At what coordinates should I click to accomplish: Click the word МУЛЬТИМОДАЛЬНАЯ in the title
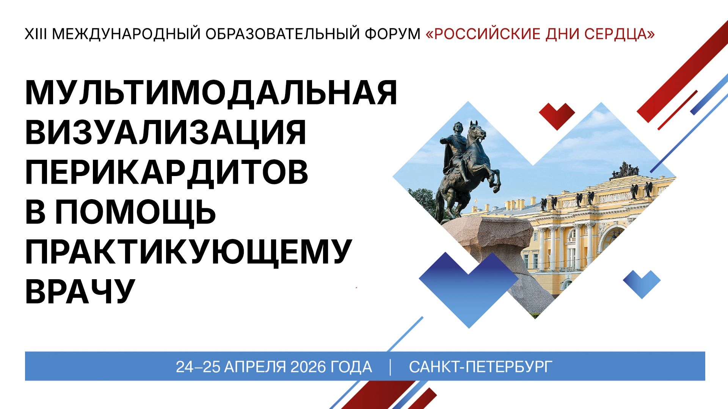211,93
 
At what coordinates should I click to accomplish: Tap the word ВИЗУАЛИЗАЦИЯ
165,132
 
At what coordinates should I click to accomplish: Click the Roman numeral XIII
36,34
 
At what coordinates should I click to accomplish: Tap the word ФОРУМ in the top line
392,34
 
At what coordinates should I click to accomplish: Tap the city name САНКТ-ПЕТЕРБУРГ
480,367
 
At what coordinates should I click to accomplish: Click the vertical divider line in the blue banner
390,367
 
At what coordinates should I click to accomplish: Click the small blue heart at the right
642,283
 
